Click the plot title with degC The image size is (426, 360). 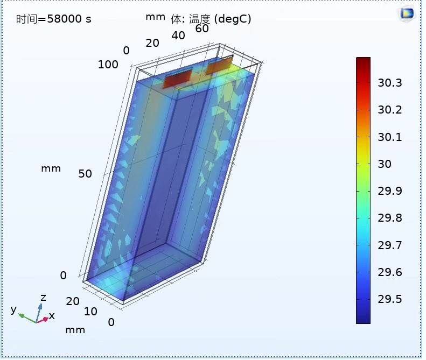[211, 19]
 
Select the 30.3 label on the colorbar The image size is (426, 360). [389, 82]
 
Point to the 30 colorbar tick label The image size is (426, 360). [385, 164]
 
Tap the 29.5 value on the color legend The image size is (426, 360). [389, 299]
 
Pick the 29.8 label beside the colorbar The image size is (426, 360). [389, 218]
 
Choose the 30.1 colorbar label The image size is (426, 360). [389, 137]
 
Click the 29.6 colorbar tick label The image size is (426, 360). [389, 272]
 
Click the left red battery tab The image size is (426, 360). [178, 78]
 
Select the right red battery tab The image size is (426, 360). [219, 65]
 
